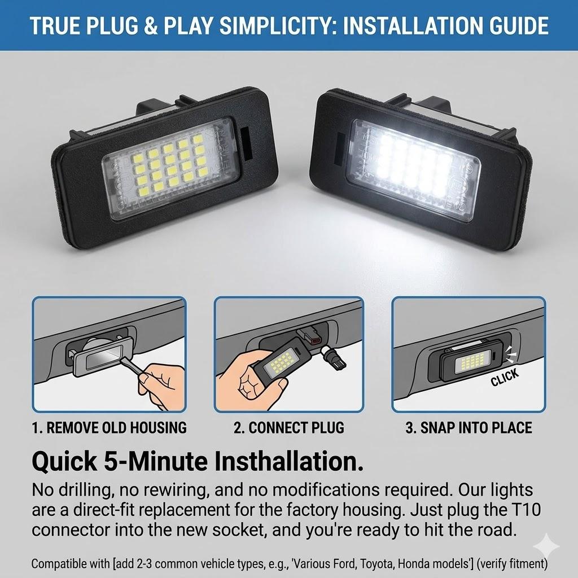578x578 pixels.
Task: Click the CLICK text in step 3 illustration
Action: click(x=504, y=378)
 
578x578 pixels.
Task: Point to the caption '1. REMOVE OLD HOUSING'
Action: click(x=109, y=427)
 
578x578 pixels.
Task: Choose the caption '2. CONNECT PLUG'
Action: click(x=288, y=427)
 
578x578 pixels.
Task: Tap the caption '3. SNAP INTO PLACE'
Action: click(x=468, y=427)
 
